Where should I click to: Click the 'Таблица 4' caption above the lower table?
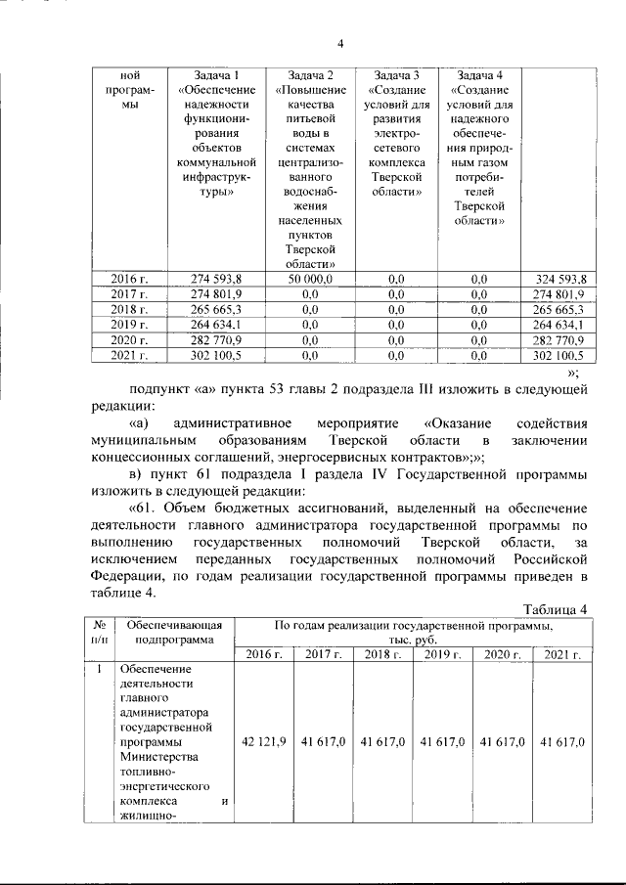(x=553, y=609)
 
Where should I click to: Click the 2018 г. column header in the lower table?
(x=383, y=654)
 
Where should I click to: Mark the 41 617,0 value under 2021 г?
(x=561, y=743)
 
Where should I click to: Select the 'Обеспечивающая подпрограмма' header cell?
(x=172, y=633)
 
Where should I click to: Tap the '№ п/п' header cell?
(x=98, y=633)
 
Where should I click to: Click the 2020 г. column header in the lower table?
(x=502, y=654)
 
